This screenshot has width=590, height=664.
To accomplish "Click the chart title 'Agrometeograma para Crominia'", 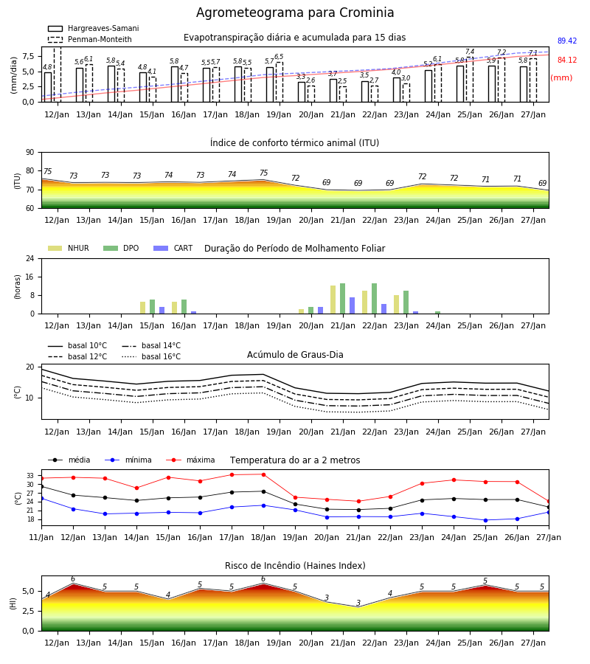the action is pyautogui.click(x=295, y=13).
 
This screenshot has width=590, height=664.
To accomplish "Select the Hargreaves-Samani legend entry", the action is pyautogui.click(x=94, y=28).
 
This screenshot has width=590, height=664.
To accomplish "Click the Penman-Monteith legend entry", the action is pyautogui.click(x=90, y=39).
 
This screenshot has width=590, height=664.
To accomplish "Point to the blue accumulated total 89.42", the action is pyautogui.click(x=567, y=41).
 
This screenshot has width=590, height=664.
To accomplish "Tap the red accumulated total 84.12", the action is pyautogui.click(x=567, y=60).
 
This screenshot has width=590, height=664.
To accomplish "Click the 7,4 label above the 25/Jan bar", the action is pyautogui.click(x=470, y=52).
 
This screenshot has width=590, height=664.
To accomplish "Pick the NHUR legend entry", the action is pyautogui.click(x=69, y=248).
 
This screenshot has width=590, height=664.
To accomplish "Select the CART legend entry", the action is pyautogui.click(x=173, y=248).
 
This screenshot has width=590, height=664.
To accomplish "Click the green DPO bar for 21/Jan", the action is pyautogui.click(x=342, y=299).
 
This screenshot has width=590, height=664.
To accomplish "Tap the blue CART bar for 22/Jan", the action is pyautogui.click(x=384, y=308).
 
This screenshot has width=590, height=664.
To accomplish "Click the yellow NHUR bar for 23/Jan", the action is pyautogui.click(x=397, y=305).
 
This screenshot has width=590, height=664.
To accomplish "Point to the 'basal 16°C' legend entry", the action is pyautogui.click(x=151, y=356).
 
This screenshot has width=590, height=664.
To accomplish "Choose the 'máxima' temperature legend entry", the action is pyautogui.click(x=191, y=460).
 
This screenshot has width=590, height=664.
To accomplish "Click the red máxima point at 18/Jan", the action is pyautogui.click(x=264, y=474).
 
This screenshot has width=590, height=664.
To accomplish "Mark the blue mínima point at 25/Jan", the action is pyautogui.click(x=485, y=520).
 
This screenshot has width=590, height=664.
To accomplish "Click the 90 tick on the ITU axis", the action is pyautogui.click(x=30, y=153).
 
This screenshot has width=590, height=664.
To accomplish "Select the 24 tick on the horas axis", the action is pyautogui.click(x=30, y=258).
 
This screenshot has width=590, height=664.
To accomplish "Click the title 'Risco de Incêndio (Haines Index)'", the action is pyautogui.click(x=295, y=566).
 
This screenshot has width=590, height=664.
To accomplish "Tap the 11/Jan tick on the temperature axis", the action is pyautogui.click(x=41, y=537).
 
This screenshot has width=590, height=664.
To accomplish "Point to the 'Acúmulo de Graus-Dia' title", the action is pyautogui.click(x=295, y=355).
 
